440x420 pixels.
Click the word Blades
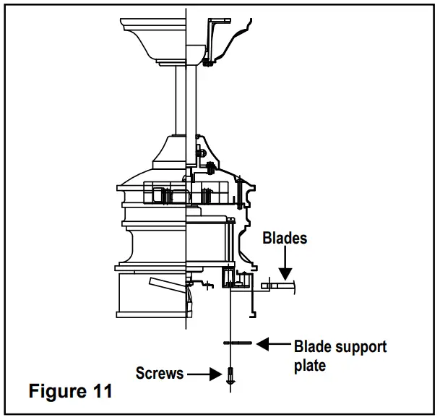click(x=285, y=238)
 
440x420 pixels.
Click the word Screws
click(x=160, y=373)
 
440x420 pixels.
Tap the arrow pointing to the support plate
click(x=273, y=343)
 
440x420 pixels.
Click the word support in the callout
click(x=361, y=347)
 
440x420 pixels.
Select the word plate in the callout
click(x=309, y=366)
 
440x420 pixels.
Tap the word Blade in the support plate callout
click(x=315, y=347)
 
